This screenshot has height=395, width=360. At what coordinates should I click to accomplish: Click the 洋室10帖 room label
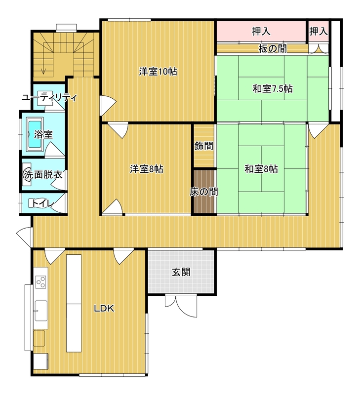pos(158,72)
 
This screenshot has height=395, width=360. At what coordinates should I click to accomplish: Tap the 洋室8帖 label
pos(146,169)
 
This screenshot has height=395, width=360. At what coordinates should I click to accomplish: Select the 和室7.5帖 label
pos(273,89)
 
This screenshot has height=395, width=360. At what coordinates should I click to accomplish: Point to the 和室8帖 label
pos(261,169)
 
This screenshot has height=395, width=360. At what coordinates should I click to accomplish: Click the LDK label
pos(104,308)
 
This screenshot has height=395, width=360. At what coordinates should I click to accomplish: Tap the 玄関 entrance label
pos(181,272)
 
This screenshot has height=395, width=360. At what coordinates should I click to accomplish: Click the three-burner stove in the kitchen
pos(41,282)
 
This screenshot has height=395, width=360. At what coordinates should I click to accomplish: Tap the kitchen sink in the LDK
pos(41,311)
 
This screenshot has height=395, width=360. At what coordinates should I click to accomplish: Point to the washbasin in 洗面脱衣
pos(27,174)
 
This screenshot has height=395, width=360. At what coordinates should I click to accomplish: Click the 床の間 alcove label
pos(203,192)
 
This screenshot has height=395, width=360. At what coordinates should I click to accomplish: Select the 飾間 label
pos(204,146)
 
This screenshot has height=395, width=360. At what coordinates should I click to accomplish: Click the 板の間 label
pos(273,48)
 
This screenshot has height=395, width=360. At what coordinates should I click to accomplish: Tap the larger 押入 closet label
pos(261,32)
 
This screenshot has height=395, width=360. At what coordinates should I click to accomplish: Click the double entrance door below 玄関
pos(181,305)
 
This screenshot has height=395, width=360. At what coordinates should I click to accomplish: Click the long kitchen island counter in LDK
pos(74,303)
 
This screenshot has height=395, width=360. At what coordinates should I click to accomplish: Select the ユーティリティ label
pos(49,98)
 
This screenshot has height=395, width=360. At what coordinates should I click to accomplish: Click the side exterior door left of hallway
pos(25,237)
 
